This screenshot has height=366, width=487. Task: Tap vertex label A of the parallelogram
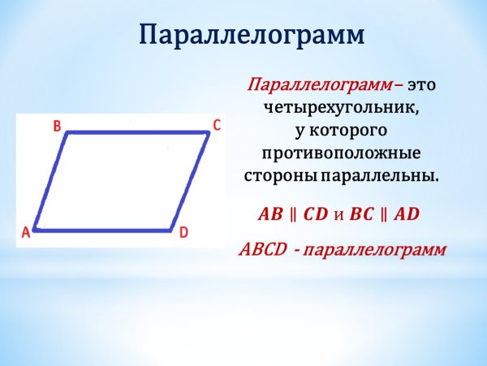tap(25, 232)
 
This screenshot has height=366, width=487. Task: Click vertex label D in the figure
tap(183, 232)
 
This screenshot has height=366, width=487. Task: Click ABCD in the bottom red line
tap(263, 249)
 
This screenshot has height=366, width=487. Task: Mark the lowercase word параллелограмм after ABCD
tap(376, 250)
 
